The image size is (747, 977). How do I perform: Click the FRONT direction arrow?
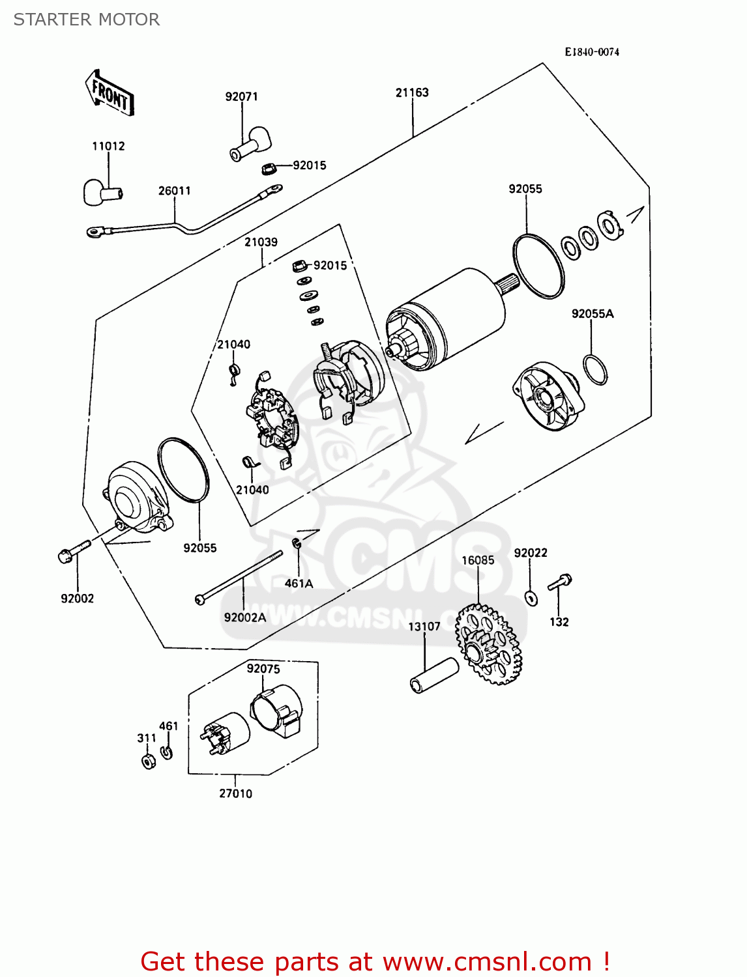[x=110, y=93]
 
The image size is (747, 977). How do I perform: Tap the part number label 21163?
[x=412, y=92]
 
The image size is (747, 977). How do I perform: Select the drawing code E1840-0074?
[x=591, y=52]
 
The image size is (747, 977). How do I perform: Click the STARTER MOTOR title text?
[x=87, y=20]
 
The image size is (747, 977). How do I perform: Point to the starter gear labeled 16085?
[x=488, y=644]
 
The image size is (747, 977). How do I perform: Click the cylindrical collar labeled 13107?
[x=434, y=675]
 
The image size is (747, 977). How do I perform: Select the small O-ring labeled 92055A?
[x=594, y=370]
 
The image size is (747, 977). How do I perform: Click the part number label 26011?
[x=175, y=191]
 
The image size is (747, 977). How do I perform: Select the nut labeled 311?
[x=148, y=761]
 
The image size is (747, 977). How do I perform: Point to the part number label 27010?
[x=235, y=793]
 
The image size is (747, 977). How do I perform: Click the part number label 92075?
[x=263, y=669]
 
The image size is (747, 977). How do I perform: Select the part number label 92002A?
[x=244, y=617]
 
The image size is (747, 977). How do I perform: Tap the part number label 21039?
[x=261, y=242]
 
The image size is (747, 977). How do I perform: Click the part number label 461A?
[x=299, y=584]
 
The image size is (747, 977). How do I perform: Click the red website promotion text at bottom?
[x=375, y=961]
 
